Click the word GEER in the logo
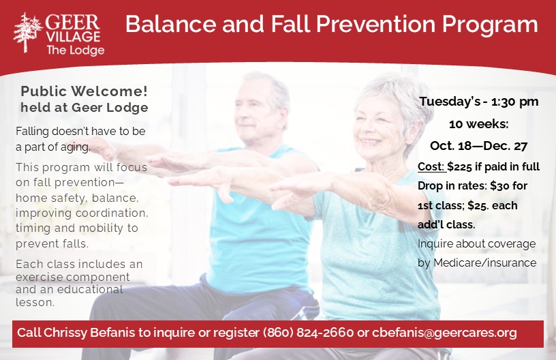pyautogui.click(x=72, y=22)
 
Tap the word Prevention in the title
pyautogui.click(x=375, y=24)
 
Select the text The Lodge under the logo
pyautogui.click(x=75, y=50)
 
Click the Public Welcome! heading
pyautogui.click(x=84, y=91)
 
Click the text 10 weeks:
pyautogui.click(x=479, y=124)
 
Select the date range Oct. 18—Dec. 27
pyautogui.click(x=479, y=146)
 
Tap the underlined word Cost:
pyautogui.click(x=431, y=166)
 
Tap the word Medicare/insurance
pyautogui.click(x=484, y=262)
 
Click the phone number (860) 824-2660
pyautogui.click(x=308, y=333)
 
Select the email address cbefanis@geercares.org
pyautogui.click(x=444, y=333)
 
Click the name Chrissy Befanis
pyautogui.click(x=89, y=333)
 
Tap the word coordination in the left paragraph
pyautogui.click(x=112, y=213)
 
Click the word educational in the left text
pyautogui.click(x=90, y=289)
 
